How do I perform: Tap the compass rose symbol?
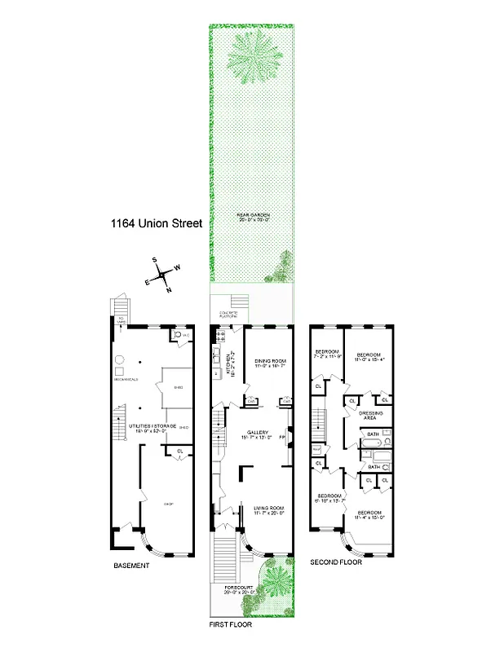tap(162, 275)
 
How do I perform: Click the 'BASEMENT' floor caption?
tap(130, 566)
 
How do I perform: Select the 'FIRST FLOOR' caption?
tap(229, 625)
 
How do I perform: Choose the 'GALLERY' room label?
tap(259, 433)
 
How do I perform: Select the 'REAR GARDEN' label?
tap(254, 216)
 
